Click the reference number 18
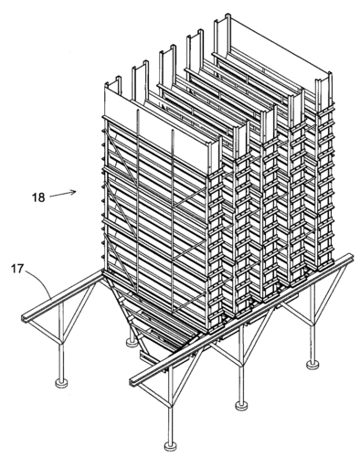coord(38,197)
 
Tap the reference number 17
coord(17,270)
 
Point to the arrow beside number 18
coord(62,194)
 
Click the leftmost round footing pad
coord(61,382)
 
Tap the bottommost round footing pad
coord(171,446)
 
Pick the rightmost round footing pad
coord(312,365)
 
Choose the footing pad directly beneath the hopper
coord(132,342)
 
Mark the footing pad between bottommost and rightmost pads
coord(241,405)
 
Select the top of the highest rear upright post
coord(228,16)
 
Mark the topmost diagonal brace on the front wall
coord(122,155)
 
